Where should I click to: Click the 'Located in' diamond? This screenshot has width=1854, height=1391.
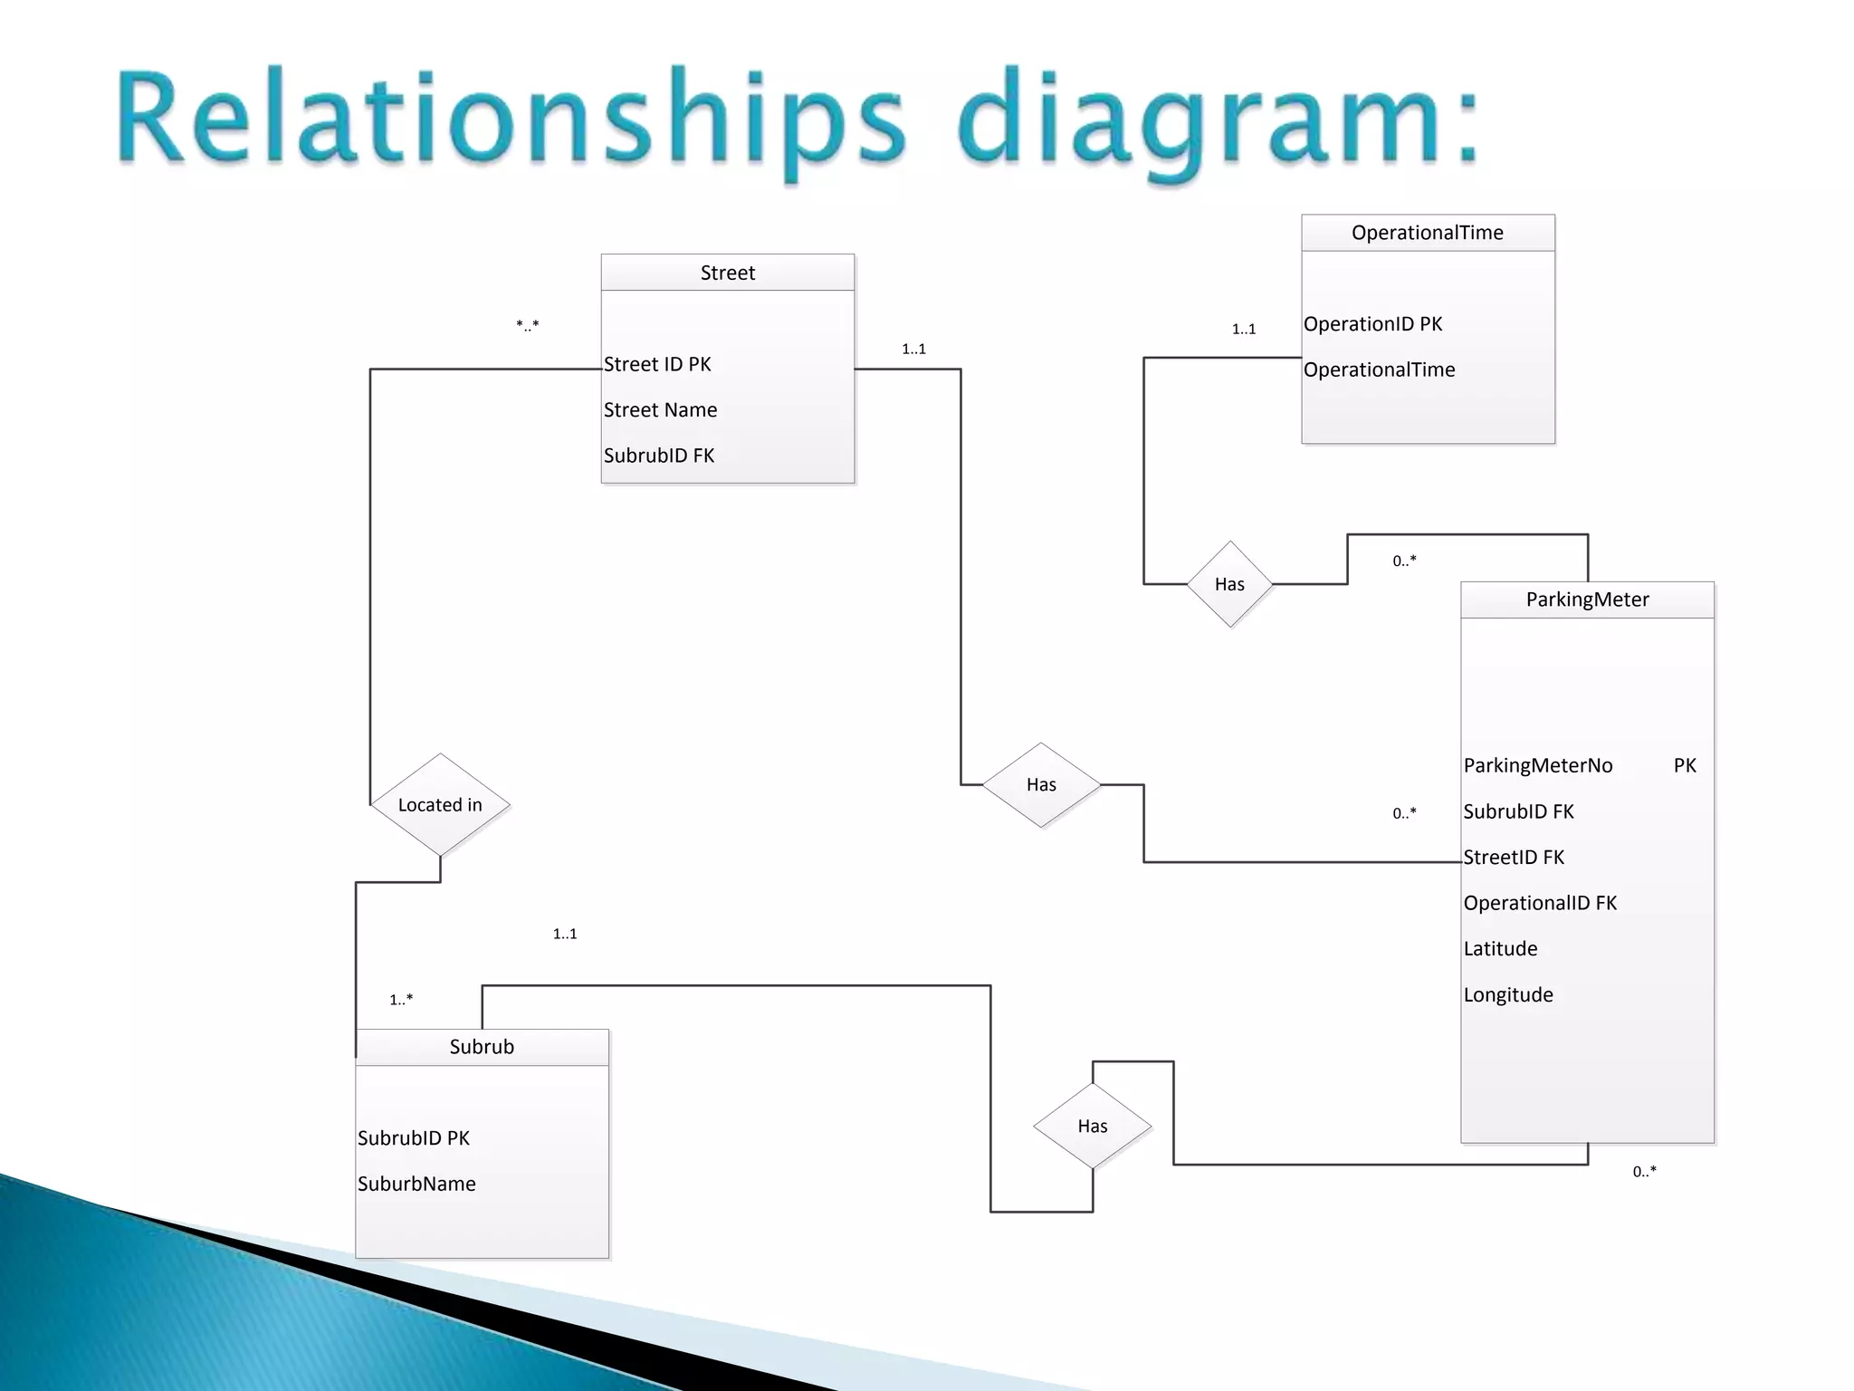(440, 805)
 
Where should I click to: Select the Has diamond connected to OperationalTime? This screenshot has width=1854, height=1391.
(1229, 584)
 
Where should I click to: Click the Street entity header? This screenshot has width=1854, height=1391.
(727, 273)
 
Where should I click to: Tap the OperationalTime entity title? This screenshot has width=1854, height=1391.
(1427, 233)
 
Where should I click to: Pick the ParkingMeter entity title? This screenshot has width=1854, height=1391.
(1587, 600)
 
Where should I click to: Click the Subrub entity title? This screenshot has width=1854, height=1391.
(482, 1047)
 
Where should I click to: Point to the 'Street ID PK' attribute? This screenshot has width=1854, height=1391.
(657, 364)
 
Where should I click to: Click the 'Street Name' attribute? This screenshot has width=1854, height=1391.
(660, 410)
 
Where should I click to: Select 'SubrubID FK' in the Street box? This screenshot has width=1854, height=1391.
(659, 456)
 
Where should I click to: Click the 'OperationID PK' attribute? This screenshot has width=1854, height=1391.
(1372, 324)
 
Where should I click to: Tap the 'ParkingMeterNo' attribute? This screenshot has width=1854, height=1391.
(1538, 766)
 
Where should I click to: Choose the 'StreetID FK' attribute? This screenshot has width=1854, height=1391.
(1514, 858)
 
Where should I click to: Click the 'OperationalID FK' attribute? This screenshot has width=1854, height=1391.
(1540, 903)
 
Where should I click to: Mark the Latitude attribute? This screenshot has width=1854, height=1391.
(1500, 949)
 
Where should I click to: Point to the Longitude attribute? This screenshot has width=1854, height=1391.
(1508, 995)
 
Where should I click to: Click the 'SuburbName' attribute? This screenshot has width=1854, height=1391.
(416, 1184)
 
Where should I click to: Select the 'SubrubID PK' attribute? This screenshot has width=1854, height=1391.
(414, 1138)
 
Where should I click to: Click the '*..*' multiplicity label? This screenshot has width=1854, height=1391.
(528, 325)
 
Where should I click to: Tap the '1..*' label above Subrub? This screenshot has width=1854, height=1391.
(401, 1000)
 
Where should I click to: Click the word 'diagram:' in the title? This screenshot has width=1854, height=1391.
(1218, 122)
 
